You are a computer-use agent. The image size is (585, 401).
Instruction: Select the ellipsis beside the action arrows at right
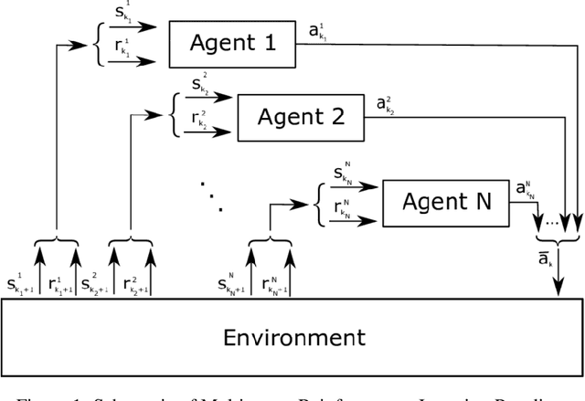(x=551, y=221)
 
